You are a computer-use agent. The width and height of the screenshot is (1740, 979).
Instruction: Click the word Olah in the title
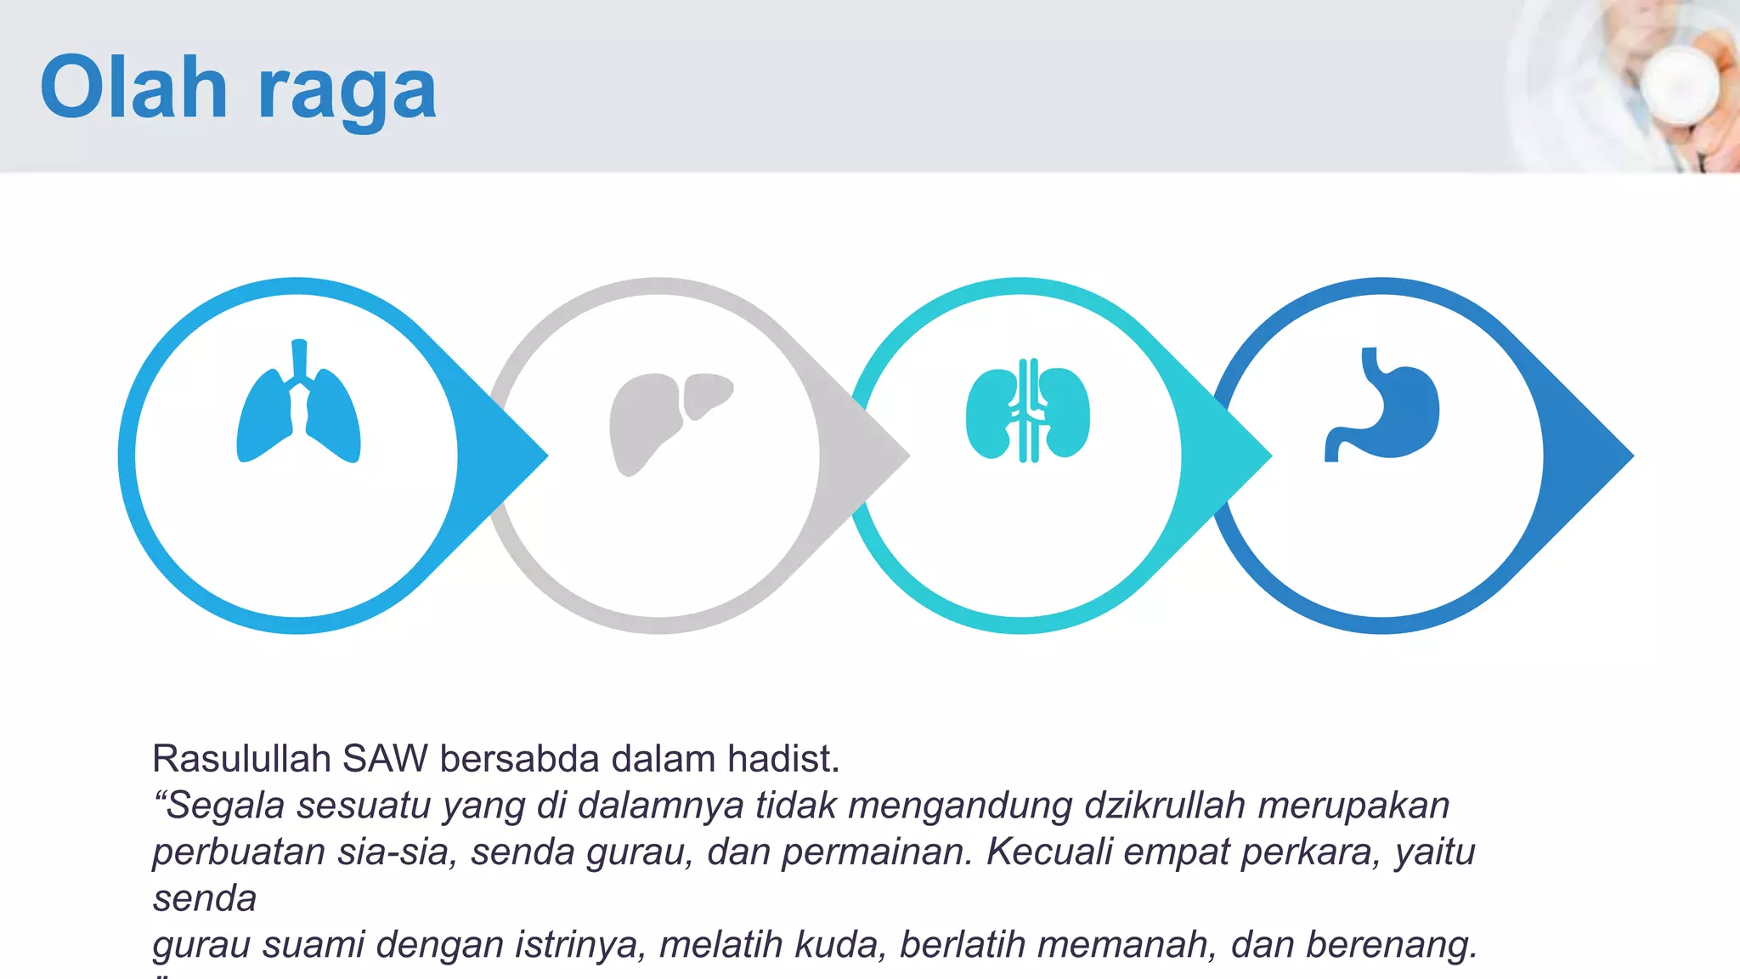click(x=134, y=87)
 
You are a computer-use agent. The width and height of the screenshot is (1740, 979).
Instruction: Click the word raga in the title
click(x=347, y=92)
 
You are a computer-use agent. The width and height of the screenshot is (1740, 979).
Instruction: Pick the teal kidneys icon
click(x=1028, y=411)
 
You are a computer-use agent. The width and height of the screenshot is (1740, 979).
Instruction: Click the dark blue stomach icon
click(x=1383, y=406)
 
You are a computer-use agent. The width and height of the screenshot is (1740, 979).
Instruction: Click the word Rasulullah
click(x=241, y=758)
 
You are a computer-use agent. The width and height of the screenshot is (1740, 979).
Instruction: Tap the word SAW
click(x=385, y=758)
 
